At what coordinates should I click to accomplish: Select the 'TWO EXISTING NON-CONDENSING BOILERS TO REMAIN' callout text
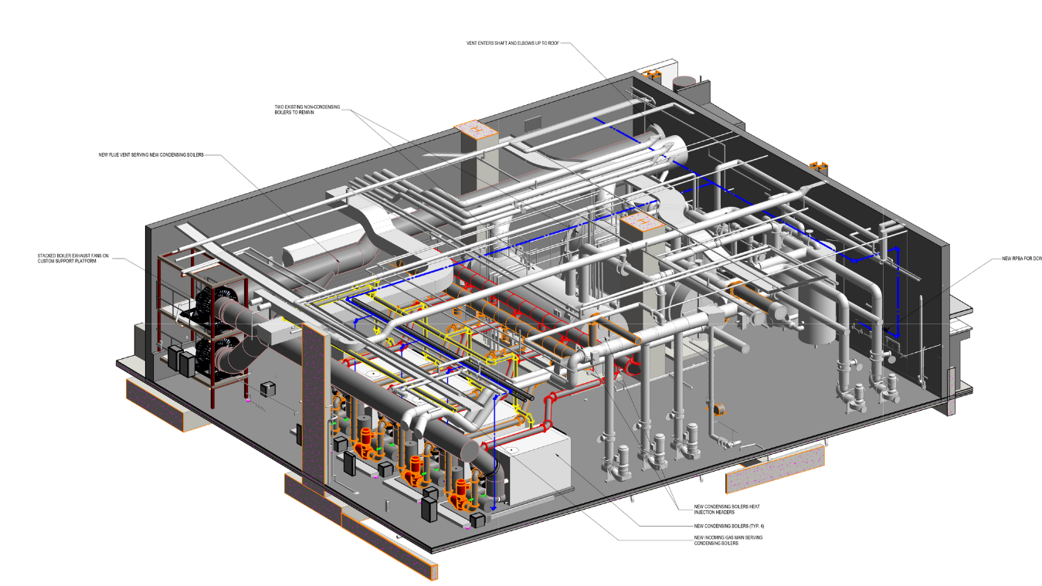307,110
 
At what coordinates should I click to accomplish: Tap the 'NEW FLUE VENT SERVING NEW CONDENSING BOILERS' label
151,155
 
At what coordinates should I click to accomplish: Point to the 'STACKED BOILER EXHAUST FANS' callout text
73,258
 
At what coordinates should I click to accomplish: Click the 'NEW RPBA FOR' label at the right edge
1021,258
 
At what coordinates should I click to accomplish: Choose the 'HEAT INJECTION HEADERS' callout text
703,509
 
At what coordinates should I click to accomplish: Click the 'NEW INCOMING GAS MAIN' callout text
717,540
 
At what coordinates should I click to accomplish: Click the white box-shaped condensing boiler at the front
533,469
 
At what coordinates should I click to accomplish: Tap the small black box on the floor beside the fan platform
269,388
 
